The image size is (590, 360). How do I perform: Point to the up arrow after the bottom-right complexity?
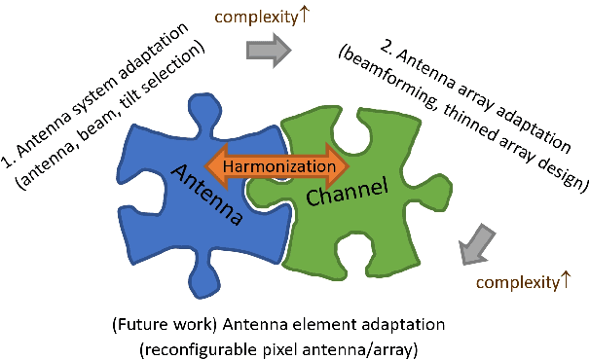pyautogui.click(x=562, y=282)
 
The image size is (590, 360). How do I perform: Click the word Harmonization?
pyautogui.click(x=280, y=166)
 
